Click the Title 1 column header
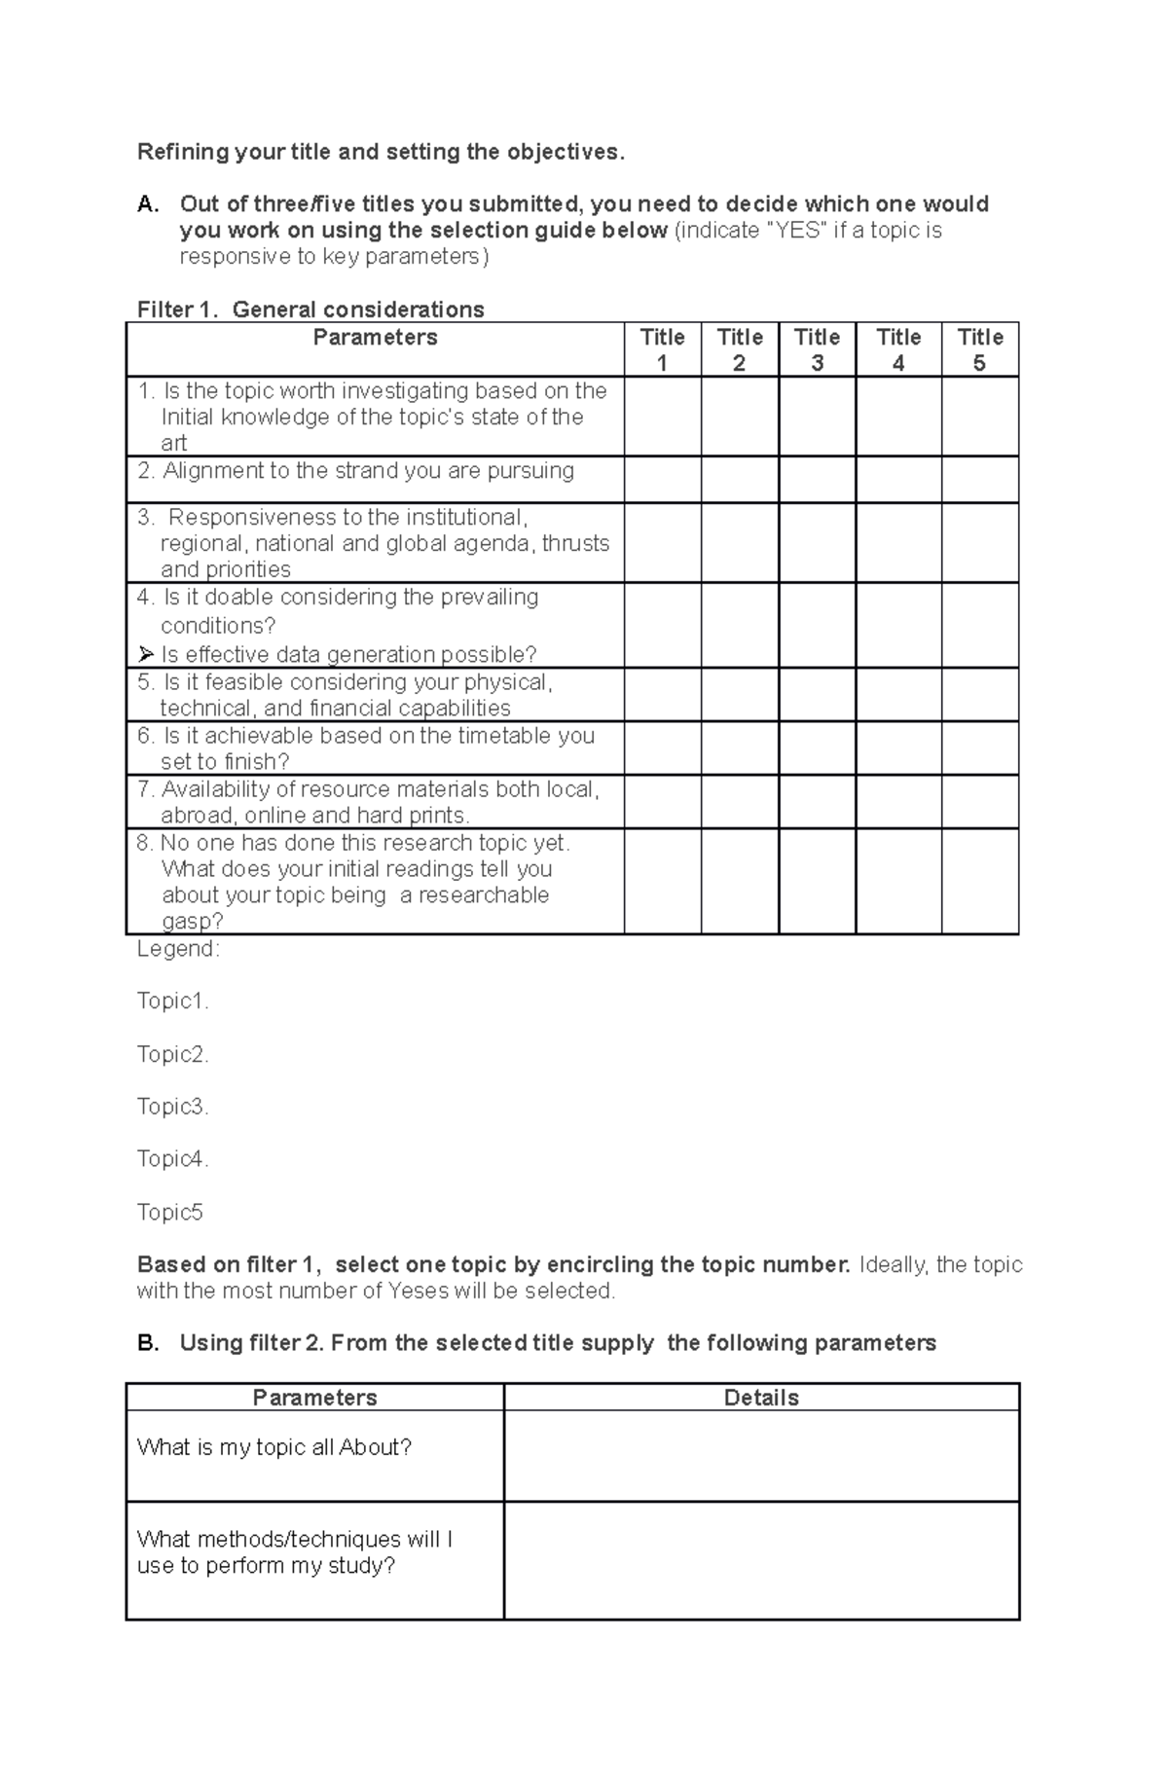[x=662, y=349]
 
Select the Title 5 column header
[x=979, y=349]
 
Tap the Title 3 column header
[x=817, y=349]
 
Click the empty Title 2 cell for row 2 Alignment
[x=740, y=480]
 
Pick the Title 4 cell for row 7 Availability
[x=898, y=801]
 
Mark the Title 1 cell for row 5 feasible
[x=662, y=694]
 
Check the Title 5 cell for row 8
[x=979, y=881]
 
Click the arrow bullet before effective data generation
[x=146, y=654]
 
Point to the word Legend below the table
[x=178, y=949]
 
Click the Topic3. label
[x=172, y=1107]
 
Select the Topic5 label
[x=169, y=1212]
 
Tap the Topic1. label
[x=172, y=1002]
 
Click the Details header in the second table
[x=761, y=1398]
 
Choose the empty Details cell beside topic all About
[x=761, y=1455]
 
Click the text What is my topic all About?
[x=274, y=1447]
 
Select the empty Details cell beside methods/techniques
[x=761, y=1560]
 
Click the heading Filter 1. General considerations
[x=310, y=310]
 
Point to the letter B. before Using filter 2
[x=148, y=1343]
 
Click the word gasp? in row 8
[x=192, y=922]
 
